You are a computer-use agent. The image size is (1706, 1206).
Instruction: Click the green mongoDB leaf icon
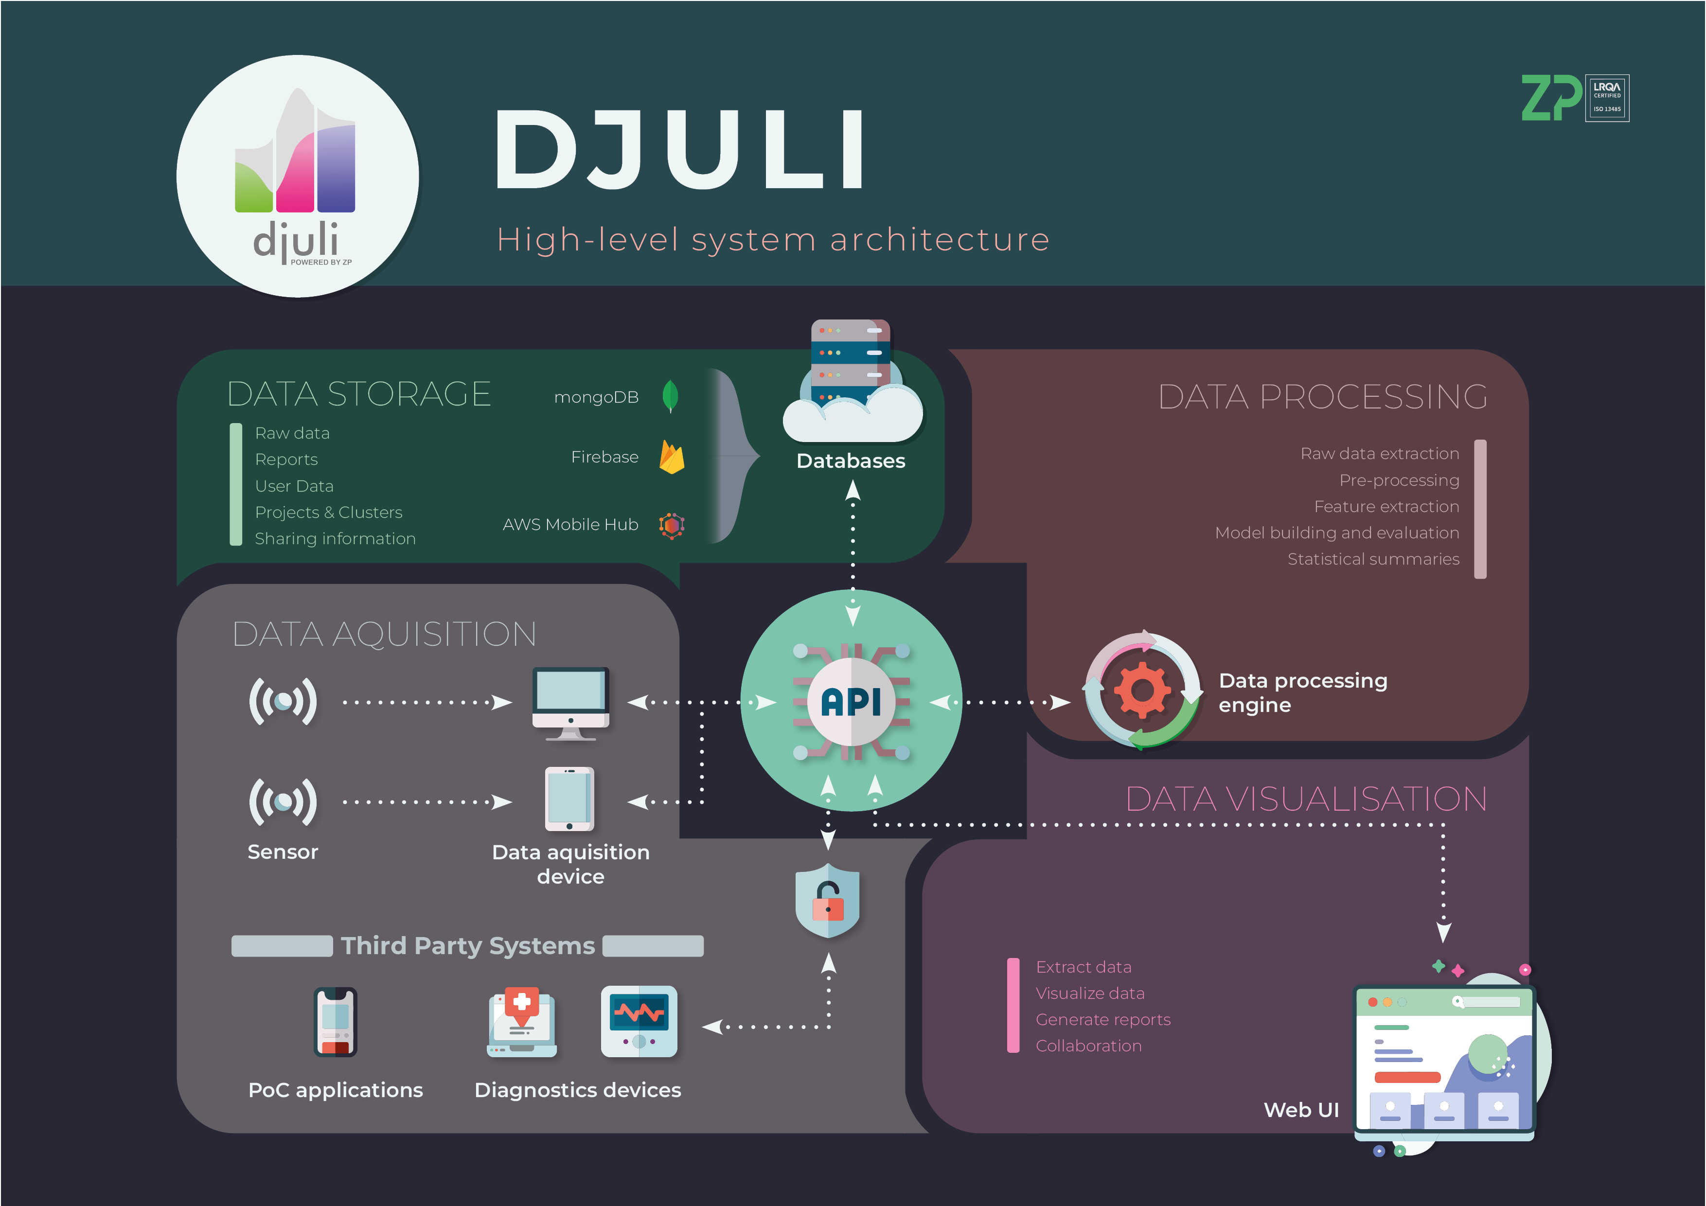click(670, 396)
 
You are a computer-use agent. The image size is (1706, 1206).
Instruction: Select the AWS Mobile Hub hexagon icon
click(672, 525)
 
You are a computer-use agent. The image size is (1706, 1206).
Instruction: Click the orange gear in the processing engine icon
click(1141, 691)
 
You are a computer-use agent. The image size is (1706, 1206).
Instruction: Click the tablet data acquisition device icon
click(570, 799)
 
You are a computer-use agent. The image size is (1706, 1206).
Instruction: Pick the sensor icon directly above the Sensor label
click(283, 802)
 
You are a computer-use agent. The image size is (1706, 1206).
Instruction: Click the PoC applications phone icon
click(335, 1021)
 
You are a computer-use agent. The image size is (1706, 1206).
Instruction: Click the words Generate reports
click(1102, 1019)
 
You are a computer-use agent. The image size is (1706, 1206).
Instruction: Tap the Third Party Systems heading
click(467, 945)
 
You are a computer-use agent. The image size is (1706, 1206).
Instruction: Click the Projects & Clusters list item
click(328, 512)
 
